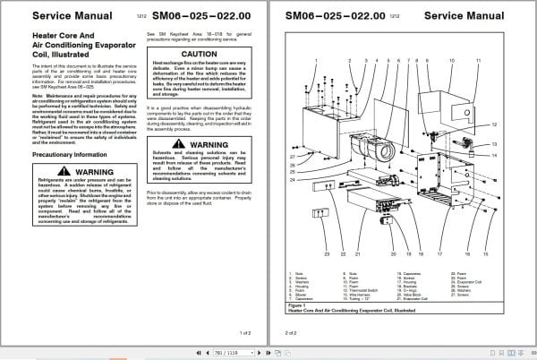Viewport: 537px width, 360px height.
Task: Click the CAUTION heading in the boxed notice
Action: coord(199,53)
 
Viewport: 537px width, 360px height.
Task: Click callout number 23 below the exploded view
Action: coord(327,254)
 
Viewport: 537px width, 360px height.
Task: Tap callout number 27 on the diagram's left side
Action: coord(292,155)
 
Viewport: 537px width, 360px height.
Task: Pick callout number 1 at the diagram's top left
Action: coord(316,60)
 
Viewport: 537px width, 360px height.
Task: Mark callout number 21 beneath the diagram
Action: coord(356,254)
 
